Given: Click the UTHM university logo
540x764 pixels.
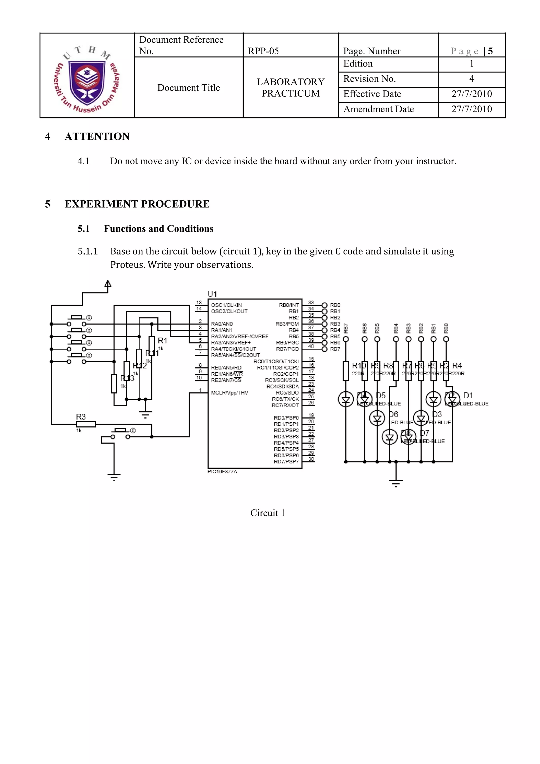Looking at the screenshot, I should point(87,79).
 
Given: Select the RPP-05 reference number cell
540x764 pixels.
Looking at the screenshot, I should point(263,51).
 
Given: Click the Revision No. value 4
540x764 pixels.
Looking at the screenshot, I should point(471,79).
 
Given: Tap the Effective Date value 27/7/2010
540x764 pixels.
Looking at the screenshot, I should point(471,94).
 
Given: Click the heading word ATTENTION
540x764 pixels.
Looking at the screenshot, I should point(97,136).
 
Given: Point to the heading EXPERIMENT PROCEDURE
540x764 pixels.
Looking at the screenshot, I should point(137,204).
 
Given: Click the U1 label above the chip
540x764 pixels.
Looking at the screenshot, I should point(212,294).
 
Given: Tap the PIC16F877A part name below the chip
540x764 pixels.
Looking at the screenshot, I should point(222,472).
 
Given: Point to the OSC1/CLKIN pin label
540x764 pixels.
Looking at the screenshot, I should point(226,305).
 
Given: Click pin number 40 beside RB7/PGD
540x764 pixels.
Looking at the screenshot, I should point(311,346).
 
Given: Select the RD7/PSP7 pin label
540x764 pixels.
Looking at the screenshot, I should point(286,462).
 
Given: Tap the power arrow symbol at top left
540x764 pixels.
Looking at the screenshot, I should point(108,284).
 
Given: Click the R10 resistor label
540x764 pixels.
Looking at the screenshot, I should point(358,366).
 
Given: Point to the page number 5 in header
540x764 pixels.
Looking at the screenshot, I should point(490,51).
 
